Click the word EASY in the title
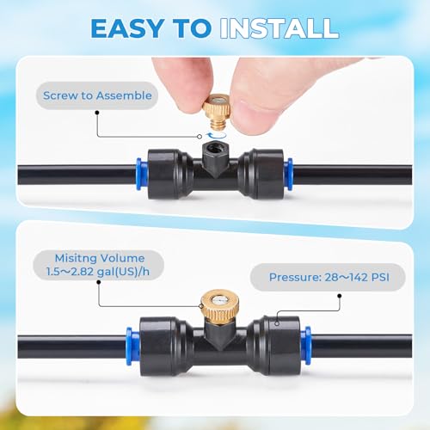coord(127,28)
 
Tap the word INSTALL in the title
coord(279,28)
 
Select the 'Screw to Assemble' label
coord(97,95)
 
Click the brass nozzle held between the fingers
coord(217,112)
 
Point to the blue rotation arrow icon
coord(217,135)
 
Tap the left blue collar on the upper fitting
coord(142,174)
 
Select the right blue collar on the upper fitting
coord(288,174)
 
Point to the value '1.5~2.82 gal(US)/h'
coord(98,271)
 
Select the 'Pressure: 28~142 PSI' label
coord(329,277)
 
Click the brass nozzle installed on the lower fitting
coord(219,307)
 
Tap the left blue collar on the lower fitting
coord(132,346)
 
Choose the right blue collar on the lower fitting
coord(306,345)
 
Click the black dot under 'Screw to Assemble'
coord(97,113)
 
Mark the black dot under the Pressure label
coord(340,296)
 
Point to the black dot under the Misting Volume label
coord(99,282)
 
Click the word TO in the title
coord(192,28)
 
